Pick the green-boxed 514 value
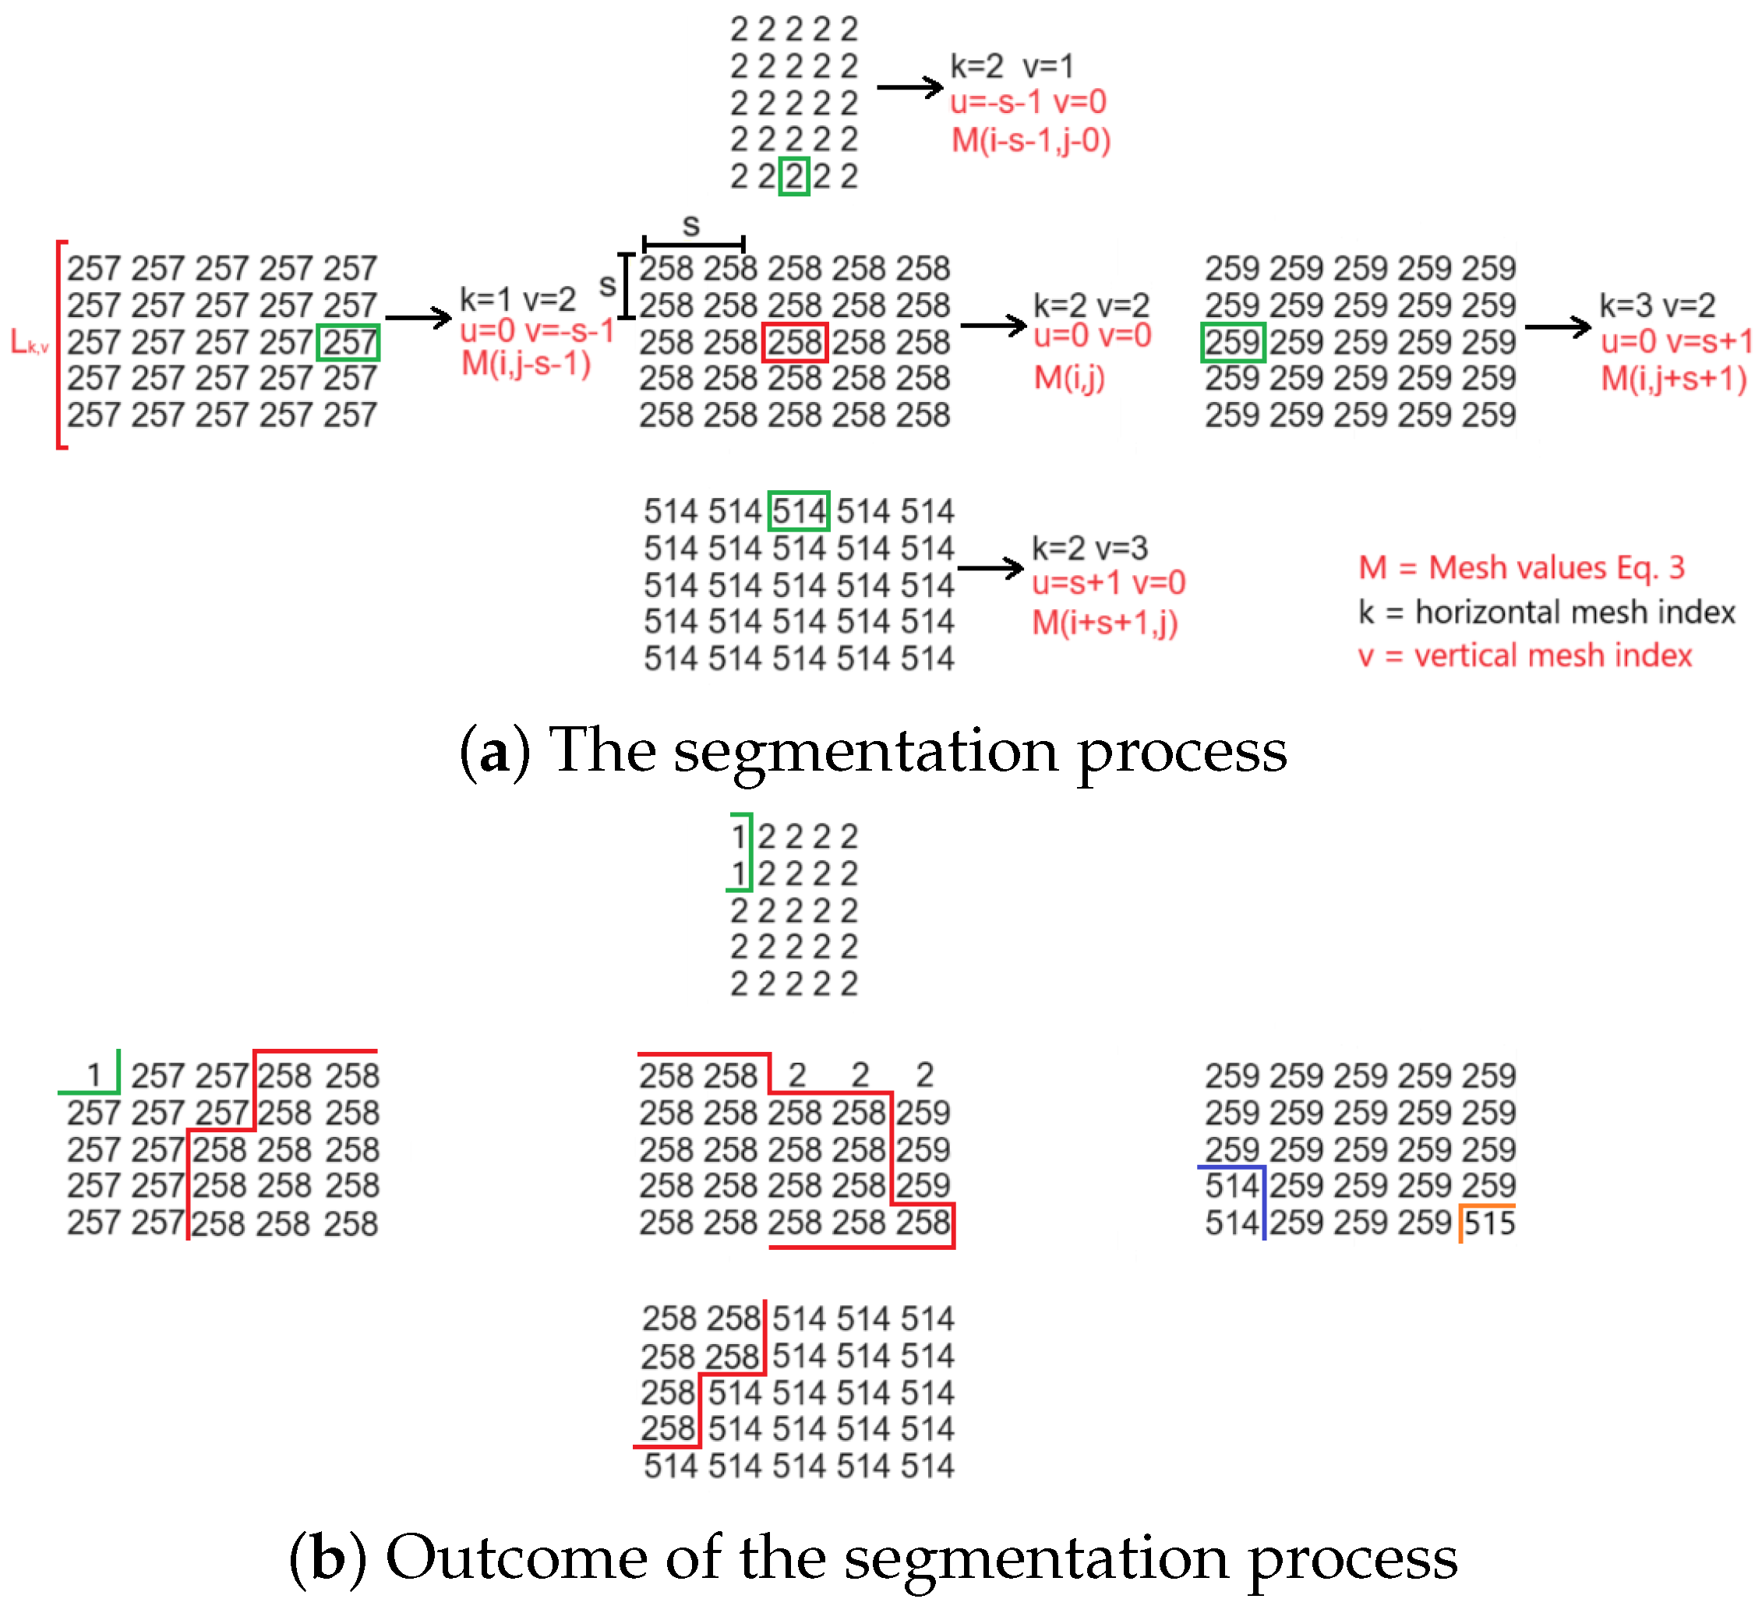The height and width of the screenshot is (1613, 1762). tap(798, 511)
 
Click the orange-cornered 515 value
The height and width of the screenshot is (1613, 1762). tap(1489, 1223)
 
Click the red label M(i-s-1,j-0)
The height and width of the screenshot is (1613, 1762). tap(1030, 139)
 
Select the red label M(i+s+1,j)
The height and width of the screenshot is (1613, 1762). tap(1105, 623)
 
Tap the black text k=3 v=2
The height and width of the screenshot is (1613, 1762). tap(1657, 305)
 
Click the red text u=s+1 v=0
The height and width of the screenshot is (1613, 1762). tap(1108, 583)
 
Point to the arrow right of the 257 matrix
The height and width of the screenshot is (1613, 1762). tap(418, 318)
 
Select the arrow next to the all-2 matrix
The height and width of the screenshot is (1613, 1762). tap(910, 87)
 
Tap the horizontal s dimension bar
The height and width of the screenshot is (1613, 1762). tap(693, 244)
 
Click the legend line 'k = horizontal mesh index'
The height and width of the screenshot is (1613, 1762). tap(1546, 612)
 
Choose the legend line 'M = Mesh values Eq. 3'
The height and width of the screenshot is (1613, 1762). tap(1520, 568)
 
